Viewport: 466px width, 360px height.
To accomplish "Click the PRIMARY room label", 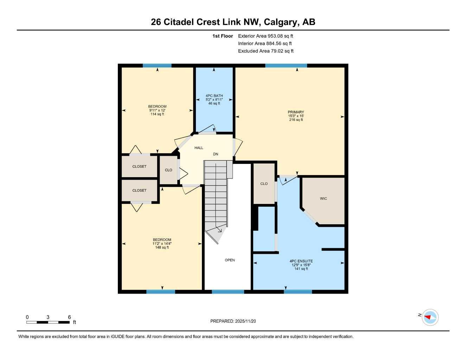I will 296,112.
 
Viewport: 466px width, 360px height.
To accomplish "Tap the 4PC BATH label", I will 214,96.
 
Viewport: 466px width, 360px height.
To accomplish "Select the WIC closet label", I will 323,199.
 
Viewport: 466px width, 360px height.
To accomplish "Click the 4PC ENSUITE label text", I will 301,261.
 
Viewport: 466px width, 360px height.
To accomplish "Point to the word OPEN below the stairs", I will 230,260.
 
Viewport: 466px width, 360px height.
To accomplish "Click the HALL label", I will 199,148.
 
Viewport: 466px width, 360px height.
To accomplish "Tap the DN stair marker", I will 216,154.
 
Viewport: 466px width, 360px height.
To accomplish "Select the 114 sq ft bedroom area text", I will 157,114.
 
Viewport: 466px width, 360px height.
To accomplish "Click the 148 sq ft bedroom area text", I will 162,247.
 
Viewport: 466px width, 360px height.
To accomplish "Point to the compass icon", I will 430,317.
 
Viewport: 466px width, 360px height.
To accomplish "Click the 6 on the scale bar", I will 69,317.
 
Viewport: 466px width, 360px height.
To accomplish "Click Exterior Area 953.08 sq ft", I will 266,36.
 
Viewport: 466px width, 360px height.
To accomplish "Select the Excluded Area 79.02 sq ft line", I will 266,51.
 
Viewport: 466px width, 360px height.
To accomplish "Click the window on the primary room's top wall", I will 286,66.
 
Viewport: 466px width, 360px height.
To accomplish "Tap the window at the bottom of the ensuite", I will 298,291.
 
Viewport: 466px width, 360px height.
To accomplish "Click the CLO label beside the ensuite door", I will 264,184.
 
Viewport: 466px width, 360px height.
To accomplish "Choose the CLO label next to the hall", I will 168,170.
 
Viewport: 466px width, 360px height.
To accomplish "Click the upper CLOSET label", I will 139,167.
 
